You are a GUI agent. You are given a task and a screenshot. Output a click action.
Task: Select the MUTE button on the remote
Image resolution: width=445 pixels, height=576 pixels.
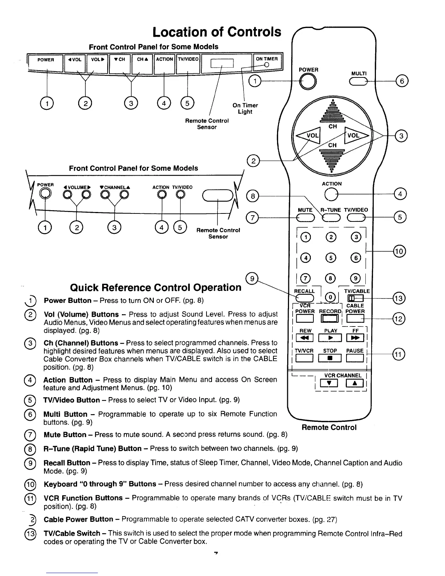click(305, 217)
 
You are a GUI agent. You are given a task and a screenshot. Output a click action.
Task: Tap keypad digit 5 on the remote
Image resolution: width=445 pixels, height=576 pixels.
click(330, 258)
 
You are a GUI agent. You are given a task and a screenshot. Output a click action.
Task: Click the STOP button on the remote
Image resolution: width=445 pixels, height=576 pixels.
click(330, 359)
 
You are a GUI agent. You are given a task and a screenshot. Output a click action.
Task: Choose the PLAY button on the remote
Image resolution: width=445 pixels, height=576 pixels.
click(330, 338)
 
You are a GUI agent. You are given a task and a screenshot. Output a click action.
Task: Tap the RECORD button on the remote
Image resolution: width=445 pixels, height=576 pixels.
click(330, 319)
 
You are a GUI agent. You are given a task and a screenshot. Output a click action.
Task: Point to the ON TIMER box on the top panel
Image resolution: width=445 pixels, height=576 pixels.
click(267, 62)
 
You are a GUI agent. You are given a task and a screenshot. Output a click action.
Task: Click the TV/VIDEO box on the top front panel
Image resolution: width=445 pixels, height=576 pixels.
click(188, 63)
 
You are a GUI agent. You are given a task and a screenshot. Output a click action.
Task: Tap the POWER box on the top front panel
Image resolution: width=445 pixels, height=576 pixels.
click(45, 63)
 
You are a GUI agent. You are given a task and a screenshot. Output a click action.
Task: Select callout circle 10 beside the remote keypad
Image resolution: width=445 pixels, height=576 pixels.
click(399, 251)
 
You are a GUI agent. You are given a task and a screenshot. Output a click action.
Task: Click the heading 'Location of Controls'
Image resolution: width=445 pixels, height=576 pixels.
click(217, 32)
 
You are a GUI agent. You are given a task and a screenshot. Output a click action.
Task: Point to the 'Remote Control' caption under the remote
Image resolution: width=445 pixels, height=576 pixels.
click(329, 427)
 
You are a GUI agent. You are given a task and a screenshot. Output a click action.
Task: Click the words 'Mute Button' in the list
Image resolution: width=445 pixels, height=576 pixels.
click(65, 435)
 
